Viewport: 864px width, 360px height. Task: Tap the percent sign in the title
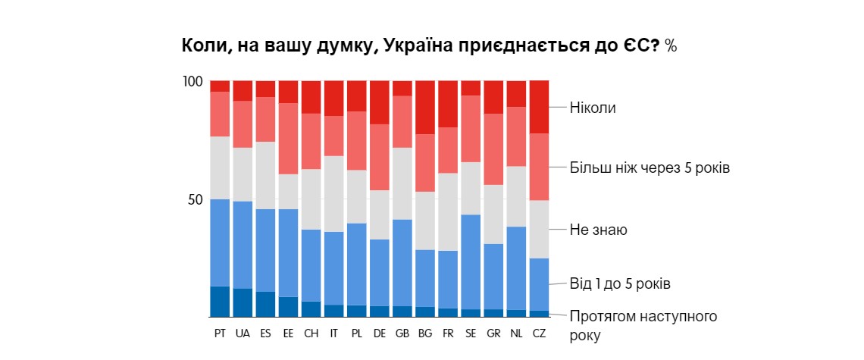[x=671, y=45]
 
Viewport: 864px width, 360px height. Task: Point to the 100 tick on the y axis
[x=193, y=81]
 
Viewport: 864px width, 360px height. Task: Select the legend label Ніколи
[x=593, y=108]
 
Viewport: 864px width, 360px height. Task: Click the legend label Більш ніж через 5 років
[x=650, y=167]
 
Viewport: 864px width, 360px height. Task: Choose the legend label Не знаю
[x=599, y=229]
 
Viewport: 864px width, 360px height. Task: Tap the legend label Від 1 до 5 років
[x=621, y=284]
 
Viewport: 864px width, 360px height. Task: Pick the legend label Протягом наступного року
[x=643, y=324]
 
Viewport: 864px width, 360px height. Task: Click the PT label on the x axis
[x=220, y=333]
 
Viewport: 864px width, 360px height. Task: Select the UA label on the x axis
[x=243, y=333]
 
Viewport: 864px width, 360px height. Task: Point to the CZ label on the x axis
[x=539, y=333]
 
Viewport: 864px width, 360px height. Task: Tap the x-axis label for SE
[x=471, y=333]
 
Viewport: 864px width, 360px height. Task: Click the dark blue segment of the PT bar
[x=220, y=302]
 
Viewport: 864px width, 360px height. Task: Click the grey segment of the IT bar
[x=333, y=193]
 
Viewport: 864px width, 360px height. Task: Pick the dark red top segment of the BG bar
[x=425, y=107]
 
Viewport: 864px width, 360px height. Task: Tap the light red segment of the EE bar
[x=288, y=139]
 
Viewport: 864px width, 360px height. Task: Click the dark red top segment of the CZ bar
[x=539, y=107]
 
